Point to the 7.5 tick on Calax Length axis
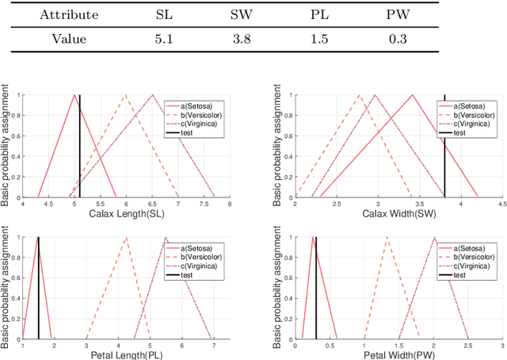pos(204,205)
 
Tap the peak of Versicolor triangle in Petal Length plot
pos(126,237)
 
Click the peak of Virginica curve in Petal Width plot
pos(433,237)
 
